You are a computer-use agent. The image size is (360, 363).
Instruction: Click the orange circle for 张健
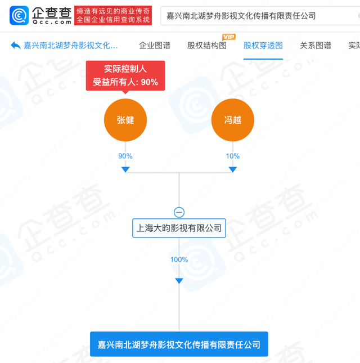(125, 120)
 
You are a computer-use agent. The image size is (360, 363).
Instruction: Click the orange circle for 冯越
(233, 120)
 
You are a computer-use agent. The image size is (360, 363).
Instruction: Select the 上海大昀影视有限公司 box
(179, 228)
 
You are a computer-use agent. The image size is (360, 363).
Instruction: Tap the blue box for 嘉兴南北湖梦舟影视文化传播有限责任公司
(179, 344)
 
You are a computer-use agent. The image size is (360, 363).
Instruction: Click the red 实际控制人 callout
(125, 76)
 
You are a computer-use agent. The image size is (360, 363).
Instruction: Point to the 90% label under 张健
(125, 156)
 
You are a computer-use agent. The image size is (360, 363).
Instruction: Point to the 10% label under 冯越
(233, 156)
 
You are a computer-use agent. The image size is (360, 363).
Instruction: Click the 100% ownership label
(179, 259)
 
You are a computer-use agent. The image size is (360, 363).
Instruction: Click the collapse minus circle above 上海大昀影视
(179, 212)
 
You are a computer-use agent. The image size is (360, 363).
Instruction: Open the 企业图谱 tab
(155, 46)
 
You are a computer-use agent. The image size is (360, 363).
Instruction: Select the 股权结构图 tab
(207, 46)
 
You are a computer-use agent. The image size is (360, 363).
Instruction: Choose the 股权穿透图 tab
(263, 46)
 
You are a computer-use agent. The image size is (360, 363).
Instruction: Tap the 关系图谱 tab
(316, 46)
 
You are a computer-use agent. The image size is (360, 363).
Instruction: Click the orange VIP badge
(229, 37)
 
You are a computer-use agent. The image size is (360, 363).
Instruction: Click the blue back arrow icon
(16, 45)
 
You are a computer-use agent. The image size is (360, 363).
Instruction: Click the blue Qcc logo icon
(19, 16)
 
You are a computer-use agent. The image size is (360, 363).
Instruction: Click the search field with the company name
(260, 16)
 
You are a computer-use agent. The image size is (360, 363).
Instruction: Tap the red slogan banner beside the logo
(113, 15)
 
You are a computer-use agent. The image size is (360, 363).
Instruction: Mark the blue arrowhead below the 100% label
(179, 281)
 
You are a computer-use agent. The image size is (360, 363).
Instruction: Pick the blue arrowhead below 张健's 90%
(125, 169)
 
